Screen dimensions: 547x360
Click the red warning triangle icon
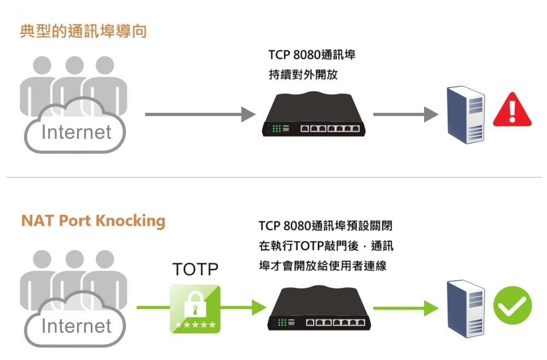click(x=512, y=110)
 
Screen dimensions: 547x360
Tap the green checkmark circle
click(x=513, y=305)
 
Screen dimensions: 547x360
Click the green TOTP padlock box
click(x=195, y=309)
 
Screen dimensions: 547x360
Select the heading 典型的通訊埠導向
click(x=83, y=31)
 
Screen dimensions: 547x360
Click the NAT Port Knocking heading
click(x=93, y=221)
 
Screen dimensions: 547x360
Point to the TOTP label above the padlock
click(x=196, y=269)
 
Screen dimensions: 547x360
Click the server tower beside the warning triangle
click(x=466, y=115)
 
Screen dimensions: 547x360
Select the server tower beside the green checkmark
click(x=466, y=309)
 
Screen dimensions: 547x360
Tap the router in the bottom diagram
click(x=319, y=308)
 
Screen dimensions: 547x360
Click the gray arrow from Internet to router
click(x=200, y=114)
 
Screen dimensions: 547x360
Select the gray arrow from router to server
click(x=405, y=114)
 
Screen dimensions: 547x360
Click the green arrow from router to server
click(x=405, y=308)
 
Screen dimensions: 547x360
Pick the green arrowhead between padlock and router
click(x=259, y=308)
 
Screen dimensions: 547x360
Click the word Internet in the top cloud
click(x=77, y=132)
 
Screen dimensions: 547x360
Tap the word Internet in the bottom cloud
click(x=77, y=326)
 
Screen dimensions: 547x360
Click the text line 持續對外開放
click(x=303, y=74)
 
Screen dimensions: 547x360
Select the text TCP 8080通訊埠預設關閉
click(x=326, y=226)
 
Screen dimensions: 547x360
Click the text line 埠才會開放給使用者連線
click(x=323, y=266)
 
